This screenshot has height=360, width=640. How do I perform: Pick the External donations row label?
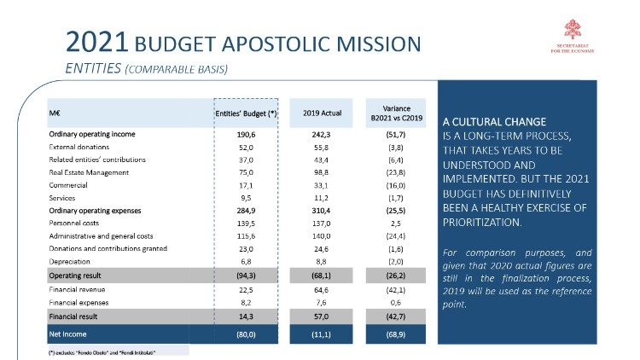coord(83,147)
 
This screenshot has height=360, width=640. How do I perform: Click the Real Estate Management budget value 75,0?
coord(246,171)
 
